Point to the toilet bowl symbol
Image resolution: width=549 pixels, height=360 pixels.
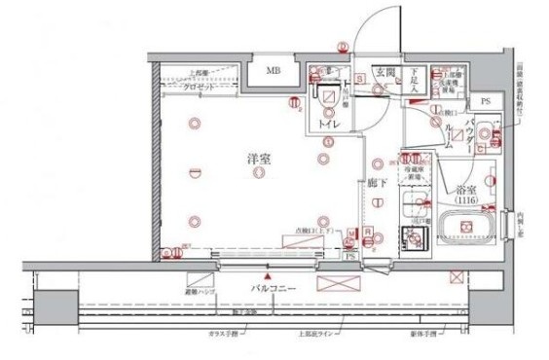324,103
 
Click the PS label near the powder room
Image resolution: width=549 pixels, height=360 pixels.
484,101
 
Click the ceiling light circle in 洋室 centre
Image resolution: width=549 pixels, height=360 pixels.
257,173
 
